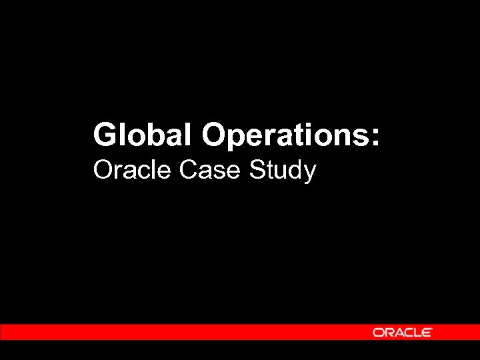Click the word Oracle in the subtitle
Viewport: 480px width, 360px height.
[133, 171]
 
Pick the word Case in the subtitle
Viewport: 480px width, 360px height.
[211, 171]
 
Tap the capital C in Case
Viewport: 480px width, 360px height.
[189, 171]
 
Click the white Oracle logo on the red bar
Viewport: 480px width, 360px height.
[403, 332]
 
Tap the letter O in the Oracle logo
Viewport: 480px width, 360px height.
[378, 332]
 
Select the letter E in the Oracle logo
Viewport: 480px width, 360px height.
[427, 332]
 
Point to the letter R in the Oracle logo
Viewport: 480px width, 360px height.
[387, 332]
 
